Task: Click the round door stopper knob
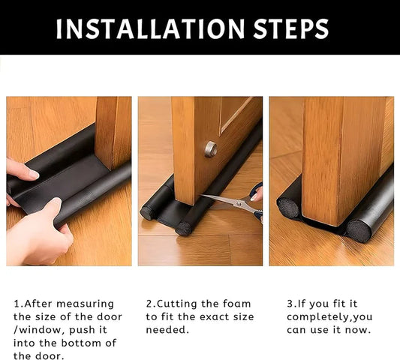211,149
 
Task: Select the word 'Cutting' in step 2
179,304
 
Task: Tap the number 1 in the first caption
17,304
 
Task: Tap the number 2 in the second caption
149,304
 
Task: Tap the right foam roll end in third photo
359,230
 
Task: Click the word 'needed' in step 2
168,330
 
